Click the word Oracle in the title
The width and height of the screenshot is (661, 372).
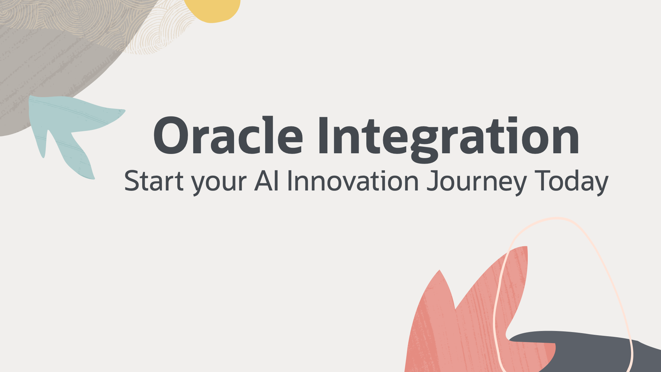tap(228, 136)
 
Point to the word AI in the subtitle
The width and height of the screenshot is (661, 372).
tap(267, 180)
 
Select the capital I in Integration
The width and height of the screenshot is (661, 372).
tap(323, 136)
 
